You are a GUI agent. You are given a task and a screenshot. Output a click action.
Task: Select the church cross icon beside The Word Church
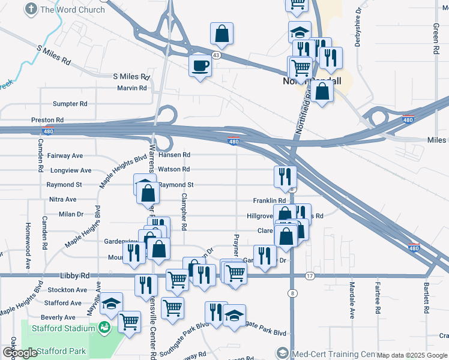pos(31,9)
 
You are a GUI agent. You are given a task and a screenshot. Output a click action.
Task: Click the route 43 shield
pos(215,55)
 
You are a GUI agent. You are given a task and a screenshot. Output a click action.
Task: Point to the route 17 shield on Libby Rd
pos(310,276)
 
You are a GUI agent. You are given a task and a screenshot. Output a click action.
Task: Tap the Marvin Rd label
pos(132,88)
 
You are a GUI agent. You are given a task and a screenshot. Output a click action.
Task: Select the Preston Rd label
pos(47,120)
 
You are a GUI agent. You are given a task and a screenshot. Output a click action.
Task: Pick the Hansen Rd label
pos(175,155)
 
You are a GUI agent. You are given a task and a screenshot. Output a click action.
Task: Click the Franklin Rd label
pos(269,200)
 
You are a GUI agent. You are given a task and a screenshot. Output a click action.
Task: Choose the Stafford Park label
pos(61,351)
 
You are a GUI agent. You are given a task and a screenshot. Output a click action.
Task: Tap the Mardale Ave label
pos(352,300)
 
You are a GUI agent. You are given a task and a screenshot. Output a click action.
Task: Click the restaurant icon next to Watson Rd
pos(285,175)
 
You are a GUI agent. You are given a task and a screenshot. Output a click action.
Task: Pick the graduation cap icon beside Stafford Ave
pos(111,303)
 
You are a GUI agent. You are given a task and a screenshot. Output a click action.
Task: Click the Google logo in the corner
pos(20,353)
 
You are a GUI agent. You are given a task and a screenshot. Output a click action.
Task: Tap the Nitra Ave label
pos(63,199)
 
